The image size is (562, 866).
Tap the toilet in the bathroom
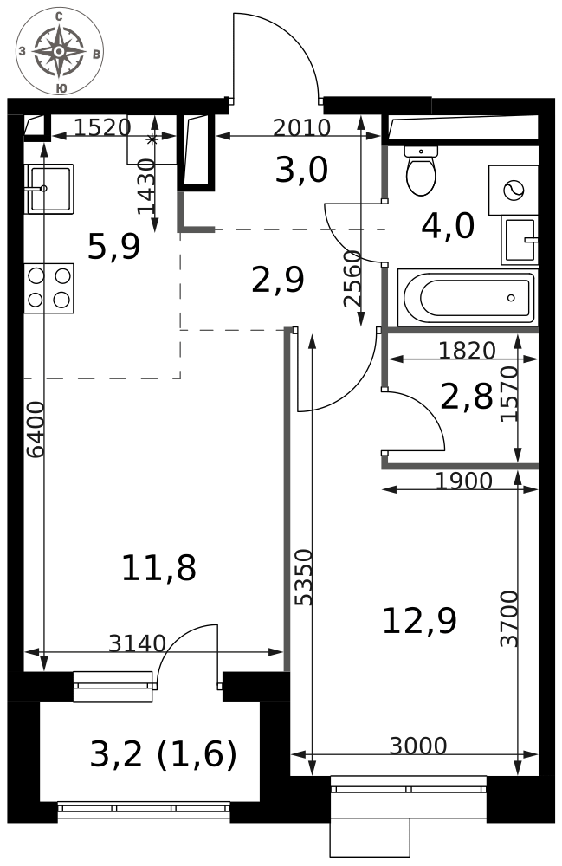point(421,171)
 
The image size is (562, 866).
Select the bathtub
point(467,297)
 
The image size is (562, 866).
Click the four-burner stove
point(48,288)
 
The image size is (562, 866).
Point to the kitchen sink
point(48,189)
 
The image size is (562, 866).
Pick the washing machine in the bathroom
point(514,190)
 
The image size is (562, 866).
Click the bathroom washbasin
point(520,240)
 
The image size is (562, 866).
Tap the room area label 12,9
point(420,620)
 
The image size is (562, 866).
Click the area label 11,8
point(159,568)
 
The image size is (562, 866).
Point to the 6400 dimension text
point(36,430)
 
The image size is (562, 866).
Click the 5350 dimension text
point(304,577)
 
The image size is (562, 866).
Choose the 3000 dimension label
point(418,746)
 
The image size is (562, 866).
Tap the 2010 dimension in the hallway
point(302,128)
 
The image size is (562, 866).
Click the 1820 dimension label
point(467,350)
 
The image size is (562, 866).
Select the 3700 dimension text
point(509,618)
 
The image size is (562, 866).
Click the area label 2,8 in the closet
point(467,397)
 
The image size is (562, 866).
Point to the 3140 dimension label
point(137,643)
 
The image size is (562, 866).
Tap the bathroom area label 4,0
point(448,225)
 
